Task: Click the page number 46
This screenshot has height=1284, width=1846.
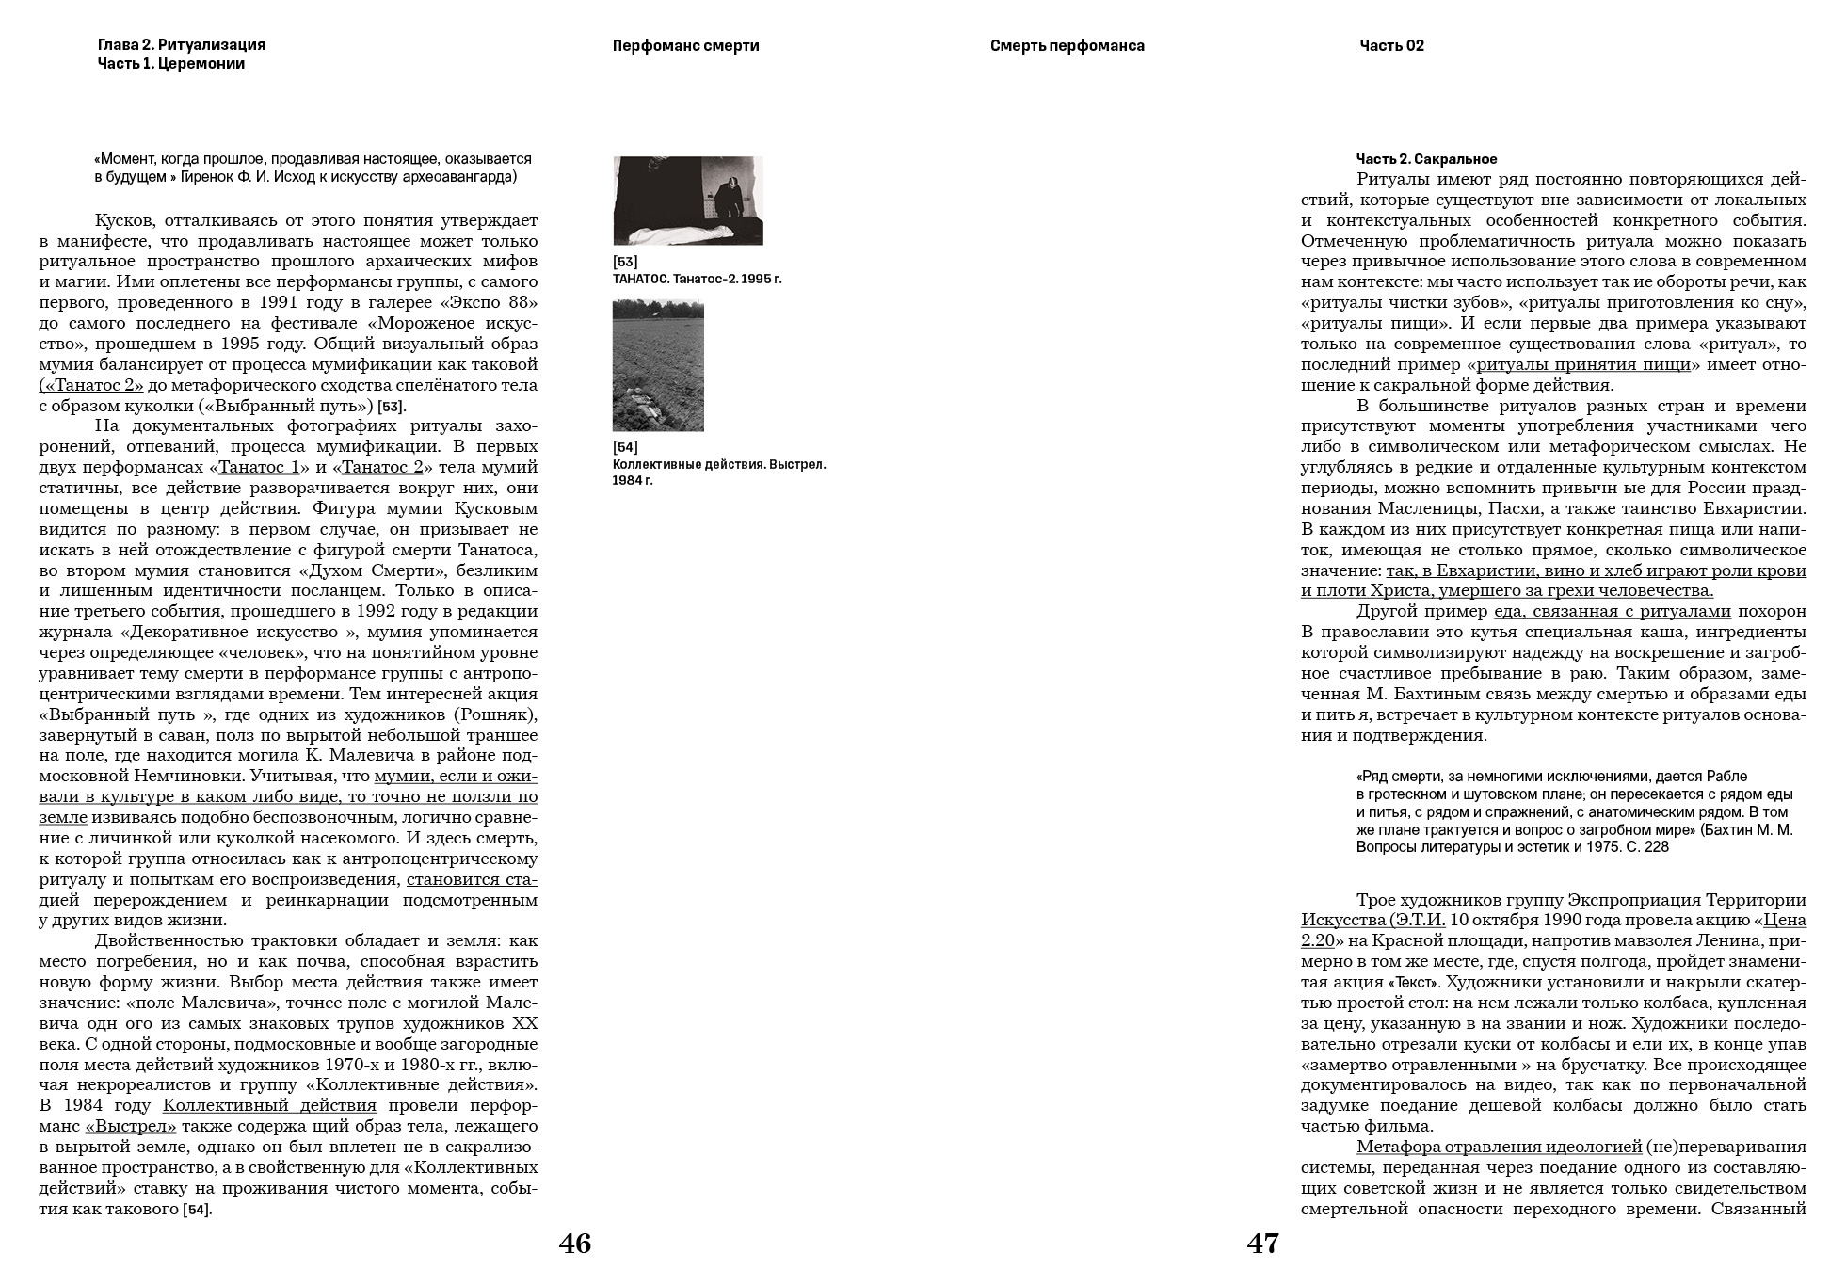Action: click(x=574, y=1244)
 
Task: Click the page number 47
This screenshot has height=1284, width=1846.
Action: click(x=1262, y=1244)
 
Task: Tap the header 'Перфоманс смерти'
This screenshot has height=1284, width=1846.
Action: click(x=685, y=46)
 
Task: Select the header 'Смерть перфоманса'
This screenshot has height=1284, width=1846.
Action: click(x=1067, y=46)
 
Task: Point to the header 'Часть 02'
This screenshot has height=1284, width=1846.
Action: click(x=1391, y=46)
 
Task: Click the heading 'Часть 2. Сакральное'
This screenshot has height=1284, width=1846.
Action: click(x=1426, y=159)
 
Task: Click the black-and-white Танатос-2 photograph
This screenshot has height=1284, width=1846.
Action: click(x=687, y=201)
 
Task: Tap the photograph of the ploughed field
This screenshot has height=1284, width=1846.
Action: click(x=658, y=365)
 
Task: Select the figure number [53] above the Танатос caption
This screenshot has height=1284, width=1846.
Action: click(x=624, y=262)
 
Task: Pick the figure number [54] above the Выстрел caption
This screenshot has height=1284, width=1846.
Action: click(x=624, y=447)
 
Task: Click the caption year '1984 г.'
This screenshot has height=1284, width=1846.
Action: click(x=632, y=481)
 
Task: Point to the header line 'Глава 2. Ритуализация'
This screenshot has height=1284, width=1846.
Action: click(x=181, y=45)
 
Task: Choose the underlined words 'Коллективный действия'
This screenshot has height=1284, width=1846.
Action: click(x=269, y=1106)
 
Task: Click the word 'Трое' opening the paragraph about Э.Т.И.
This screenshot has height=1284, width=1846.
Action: click(x=1376, y=900)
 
